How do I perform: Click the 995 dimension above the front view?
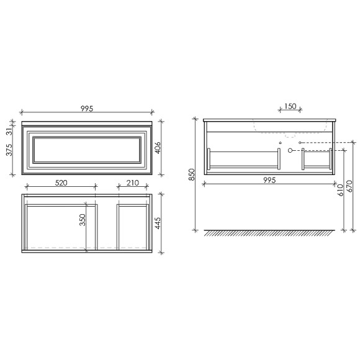[87, 109]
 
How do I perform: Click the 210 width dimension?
[132, 183]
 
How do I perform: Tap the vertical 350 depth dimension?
[82, 220]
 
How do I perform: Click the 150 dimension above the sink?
[289, 107]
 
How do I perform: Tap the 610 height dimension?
[340, 190]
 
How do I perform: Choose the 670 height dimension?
[351, 186]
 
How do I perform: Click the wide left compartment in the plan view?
[60, 226]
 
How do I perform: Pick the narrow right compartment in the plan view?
[132, 226]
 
